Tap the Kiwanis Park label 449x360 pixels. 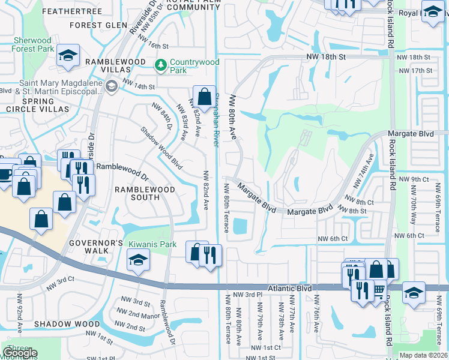(x=152, y=244)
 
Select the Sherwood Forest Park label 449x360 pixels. (x=34, y=45)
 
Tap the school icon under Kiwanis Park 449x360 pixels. (x=138, y=261)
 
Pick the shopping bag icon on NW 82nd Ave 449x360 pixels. (x=204, y=97)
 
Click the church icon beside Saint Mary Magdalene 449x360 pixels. (x=110, y=87)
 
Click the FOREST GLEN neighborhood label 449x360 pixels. (x=98, y=25)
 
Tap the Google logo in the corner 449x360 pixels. (x=20, y=353)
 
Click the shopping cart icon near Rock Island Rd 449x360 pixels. (x=378, y=290)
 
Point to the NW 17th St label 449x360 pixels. (x=420, y=71)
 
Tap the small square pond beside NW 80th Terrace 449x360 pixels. (x=240, y=226)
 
